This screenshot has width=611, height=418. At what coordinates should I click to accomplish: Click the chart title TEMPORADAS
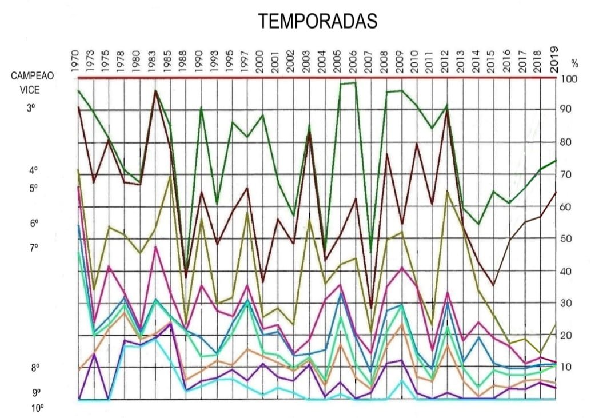(318, 21)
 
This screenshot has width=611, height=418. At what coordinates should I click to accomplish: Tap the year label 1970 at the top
(75, 60)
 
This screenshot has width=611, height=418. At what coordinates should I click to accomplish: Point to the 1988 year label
(182, 60)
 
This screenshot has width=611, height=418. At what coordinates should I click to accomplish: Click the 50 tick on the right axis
(569, 239)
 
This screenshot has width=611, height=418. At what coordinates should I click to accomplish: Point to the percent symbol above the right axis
(574, 63)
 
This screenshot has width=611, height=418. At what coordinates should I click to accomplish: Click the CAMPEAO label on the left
(33, 76)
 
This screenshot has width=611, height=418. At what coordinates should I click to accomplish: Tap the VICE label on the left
(32, 90)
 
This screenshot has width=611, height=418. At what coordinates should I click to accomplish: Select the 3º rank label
(32, 107)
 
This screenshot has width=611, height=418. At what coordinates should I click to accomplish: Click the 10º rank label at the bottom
(38, 408)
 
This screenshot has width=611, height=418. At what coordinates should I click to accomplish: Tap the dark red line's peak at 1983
(155, 91)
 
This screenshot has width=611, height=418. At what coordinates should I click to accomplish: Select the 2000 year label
(259, 60)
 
